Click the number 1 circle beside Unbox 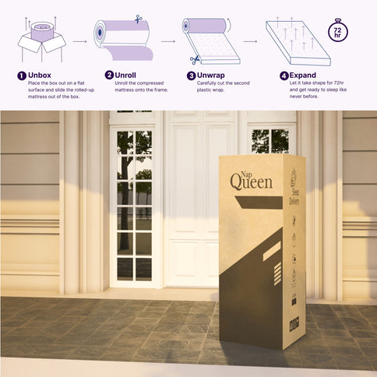[21, 76]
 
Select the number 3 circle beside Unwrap [191, 76]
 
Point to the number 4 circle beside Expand [284, 76]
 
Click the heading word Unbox [40, 76]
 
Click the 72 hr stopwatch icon [338, 30]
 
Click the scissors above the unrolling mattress [138, 19]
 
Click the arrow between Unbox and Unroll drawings [79, 40]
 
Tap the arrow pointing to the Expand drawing [250, 40]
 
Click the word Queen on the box [251, 181]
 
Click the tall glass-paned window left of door [134, 204]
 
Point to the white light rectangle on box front [272, 249]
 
